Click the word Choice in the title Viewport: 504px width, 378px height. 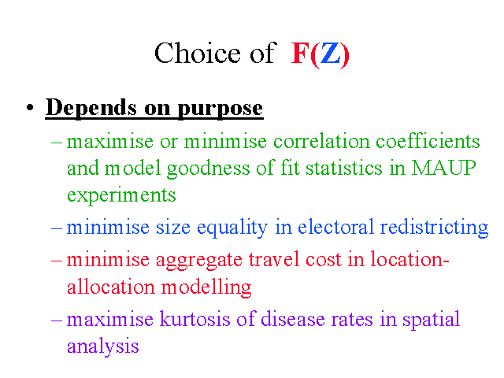click(x=198, y=53)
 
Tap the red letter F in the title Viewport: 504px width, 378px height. click(x=300, y=54)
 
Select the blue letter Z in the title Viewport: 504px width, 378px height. click(x=331, y=54)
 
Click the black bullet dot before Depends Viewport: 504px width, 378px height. click(x=30, y=108)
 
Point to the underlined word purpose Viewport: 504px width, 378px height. click(x=220, y=109)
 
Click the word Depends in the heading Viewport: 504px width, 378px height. click(x=91, y=108)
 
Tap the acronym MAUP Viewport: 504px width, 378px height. click(x=444, y=168)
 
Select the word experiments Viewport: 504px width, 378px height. click(x=121, y=195)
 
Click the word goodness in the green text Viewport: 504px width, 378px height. click(x=208, y=169)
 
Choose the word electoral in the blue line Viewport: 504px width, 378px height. click(x=335, y=227)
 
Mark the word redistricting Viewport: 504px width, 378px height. click(x=434, y=228)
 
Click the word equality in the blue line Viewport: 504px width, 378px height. click(x=232, y=228)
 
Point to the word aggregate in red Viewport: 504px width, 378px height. click(x=199, y=261)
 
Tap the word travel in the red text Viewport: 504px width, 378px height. click(x=274, y=259)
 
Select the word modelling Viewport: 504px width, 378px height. click(x=206, y=287)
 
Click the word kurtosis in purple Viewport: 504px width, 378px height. click(x=195, y=319)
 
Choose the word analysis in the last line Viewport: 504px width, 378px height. click(x=103, y=346)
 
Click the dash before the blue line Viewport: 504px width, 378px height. click(x=57, y=228)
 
